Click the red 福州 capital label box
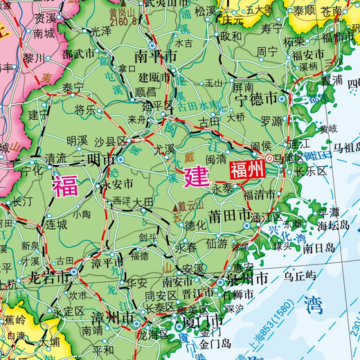(247, 169)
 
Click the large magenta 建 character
(196, 175)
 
